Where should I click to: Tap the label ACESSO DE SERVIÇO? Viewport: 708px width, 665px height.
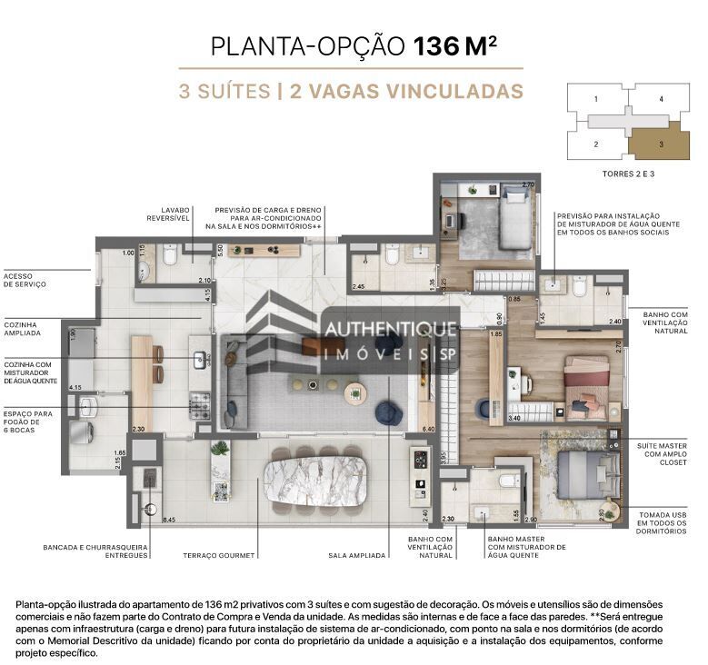(x=25, y=280)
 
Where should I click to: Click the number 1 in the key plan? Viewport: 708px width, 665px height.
(x=596, y=98)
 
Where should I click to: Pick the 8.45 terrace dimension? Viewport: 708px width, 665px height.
(x=168, y=520)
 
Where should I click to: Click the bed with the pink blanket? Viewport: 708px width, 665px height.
(x=585, y=382)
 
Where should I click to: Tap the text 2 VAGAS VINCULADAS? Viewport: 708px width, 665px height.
(x=406, y=91)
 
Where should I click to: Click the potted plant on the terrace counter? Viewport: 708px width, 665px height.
(x=219, y=449)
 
